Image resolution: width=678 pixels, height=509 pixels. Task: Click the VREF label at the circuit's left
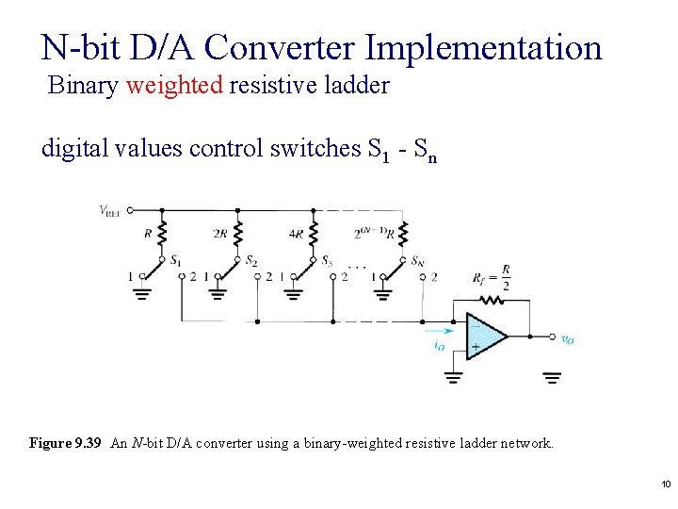pos(111,210)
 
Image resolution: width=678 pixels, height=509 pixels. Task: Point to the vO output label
pos(567,339)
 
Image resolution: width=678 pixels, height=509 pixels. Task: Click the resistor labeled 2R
pos(237,233)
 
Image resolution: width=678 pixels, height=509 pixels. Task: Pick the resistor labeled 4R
pos(314,233)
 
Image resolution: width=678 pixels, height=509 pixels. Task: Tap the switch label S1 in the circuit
pos(176,260)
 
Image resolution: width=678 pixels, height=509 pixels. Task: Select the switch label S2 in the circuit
pos(251,260)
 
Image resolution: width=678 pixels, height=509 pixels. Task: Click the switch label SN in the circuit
pos(418,260)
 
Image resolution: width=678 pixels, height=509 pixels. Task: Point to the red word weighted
pos(174,86)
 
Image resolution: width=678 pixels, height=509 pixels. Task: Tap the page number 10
pos(665,484)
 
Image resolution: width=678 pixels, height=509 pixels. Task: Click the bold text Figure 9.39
pos(65,442)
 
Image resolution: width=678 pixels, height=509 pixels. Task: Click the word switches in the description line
pos(314,149)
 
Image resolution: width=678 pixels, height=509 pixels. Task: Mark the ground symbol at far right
pos(552,377)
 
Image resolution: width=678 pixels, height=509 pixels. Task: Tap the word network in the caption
pos(525,442)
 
